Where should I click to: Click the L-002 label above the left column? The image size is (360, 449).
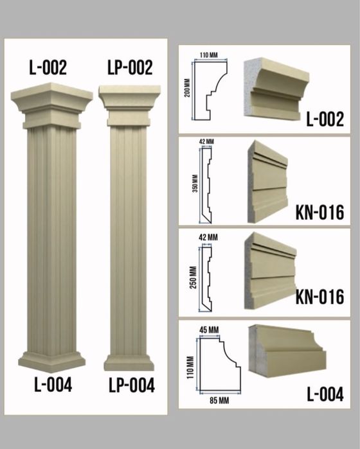(x=48, y=67)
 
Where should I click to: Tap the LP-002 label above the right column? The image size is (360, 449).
(x=130, y=67)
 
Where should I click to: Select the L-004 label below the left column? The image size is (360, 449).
(x=53, y=384)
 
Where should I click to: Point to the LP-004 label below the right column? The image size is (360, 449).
(x=132, y=385)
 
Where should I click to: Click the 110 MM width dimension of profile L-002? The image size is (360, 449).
(x=209, y=55)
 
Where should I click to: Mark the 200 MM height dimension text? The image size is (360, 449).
(x=187, y=88)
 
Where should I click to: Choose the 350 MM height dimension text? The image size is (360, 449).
(x=195, y=184)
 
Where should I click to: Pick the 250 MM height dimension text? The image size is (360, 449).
(x=194, y=277)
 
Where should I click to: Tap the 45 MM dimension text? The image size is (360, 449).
(x=209, y=330)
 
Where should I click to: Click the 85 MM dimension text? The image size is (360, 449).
(x=219, y=400)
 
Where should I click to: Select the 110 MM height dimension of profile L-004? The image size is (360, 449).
(x=190, y=367)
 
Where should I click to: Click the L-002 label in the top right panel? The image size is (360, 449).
(x=325, y=119)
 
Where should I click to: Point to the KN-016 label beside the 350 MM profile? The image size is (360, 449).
(x=320, y=212)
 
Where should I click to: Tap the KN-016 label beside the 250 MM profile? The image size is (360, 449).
(x=320, y=297)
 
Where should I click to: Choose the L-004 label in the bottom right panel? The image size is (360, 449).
(x=325, y=394)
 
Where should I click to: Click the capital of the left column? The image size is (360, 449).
(x=51, y=105)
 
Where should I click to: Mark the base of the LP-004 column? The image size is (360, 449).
(x=129, y=363)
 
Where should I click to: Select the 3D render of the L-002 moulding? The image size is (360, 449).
(x=276, y=88)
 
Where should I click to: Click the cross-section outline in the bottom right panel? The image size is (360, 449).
(x=220, y=364)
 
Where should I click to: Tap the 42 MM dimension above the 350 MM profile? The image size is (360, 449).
(x=206, y=141)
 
